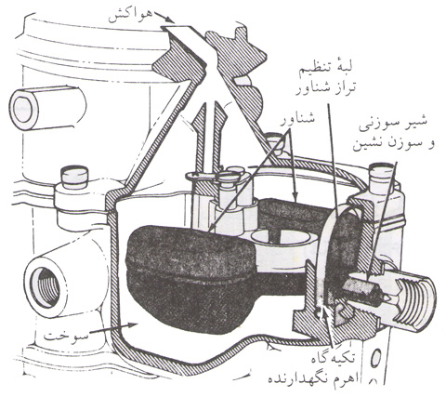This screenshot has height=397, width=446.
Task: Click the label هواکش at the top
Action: pyautogui.click(x=130, y=16)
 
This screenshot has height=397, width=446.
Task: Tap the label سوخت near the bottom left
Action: pyautogui.click(x=66, y=337)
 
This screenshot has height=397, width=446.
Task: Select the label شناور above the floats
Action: pyautogui.click(x=297, y=120)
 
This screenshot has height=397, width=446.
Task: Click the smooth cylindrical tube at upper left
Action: pyautogui.click(x=46, y=107)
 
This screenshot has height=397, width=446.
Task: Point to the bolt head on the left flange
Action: pyautogui.click(x=74, y=177)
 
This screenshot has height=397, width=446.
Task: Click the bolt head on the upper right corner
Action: pyautogui.click(x=383, y=174)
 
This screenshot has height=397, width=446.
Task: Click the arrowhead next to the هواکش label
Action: pyautogui.click(x=170, y=20)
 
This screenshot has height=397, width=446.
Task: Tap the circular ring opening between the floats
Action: pyautogui.click(x=281, y=237)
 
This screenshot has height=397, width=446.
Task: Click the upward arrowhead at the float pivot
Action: pyautogui.click(x=324, y=311)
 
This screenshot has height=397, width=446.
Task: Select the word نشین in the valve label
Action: pyautogui.click(x=367, y=145)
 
